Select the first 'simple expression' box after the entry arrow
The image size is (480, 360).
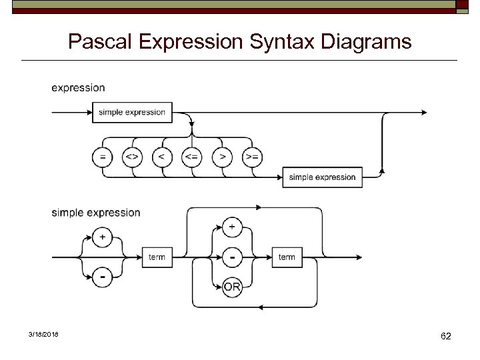pyautogui.click(x=132, y=112)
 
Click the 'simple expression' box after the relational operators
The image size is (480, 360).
pyautogui.click(x=322, y=177)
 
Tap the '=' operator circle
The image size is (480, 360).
pyautogui.click(x=102, y=157)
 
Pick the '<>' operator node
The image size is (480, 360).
pyautogui.click(x=132, y=157)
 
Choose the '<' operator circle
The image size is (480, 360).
pyautogui.click(x=162, y=157)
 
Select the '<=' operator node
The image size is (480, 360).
pyautogui.click(x=192, y=157)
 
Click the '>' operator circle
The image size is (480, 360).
pyautogui.click(x=222, y=157)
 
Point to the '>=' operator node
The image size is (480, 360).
pyautogui.click(x=252, y=157)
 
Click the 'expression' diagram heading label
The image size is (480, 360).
pyautogui.click(x=78, y=87)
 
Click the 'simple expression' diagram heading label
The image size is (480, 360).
pyautogui.click(x=96, y=213)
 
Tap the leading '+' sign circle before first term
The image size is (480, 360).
pyautogui.click(x=102, y=237)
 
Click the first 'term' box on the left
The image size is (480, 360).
pyautogui.click(x=157, y=257)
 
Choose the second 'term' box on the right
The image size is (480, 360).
pyautogui.click(x=287, y=257)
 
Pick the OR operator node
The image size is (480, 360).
pyautogui.click(x=232, y=287)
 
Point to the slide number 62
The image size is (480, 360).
pyautogui.click(x=446, y=337)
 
